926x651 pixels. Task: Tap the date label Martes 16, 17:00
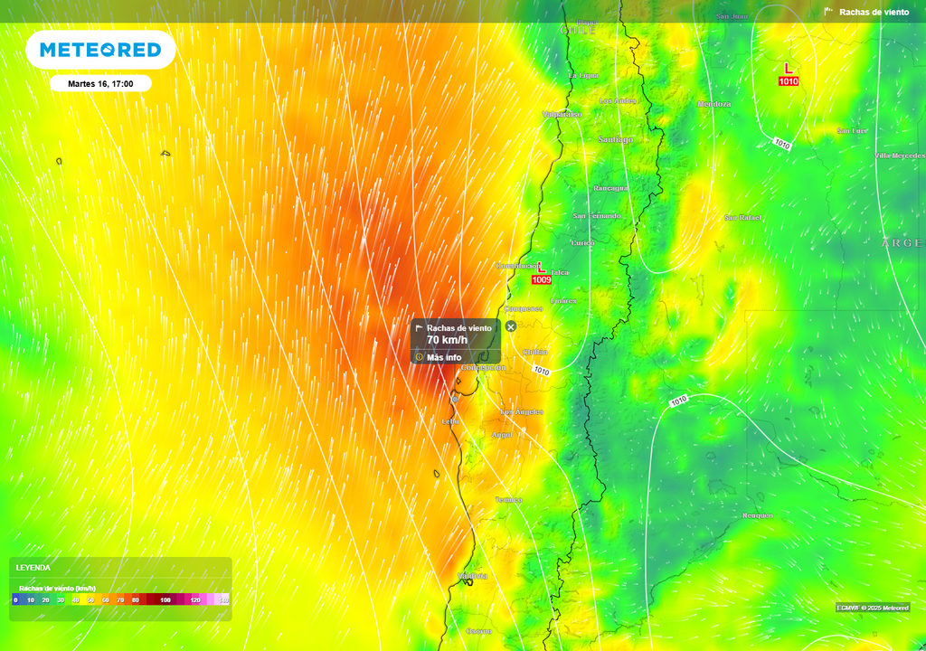[100, 83]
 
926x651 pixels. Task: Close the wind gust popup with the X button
[511, 326]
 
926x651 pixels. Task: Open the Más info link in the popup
[443, 357]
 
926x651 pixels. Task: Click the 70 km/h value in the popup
[447, 340]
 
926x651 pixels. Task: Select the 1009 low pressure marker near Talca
[542, 279]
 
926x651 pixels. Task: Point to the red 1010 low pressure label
[789, 81]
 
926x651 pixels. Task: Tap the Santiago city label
[616, 139]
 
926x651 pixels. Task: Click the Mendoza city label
[714, 104]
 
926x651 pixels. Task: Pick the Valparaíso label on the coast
[562, 115]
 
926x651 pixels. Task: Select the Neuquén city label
[758, 515]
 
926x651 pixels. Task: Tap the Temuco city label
[508, 500]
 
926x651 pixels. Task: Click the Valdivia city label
[473, 576]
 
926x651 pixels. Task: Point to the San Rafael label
[743, 217]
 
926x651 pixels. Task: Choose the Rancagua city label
[610, 188]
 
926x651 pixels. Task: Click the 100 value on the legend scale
[165, 599]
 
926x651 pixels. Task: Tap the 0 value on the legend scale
[15, 599]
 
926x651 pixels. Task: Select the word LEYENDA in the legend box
[33, 568]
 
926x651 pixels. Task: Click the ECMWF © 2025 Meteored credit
[872, 608]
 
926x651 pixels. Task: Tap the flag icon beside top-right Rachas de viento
[828, 12]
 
